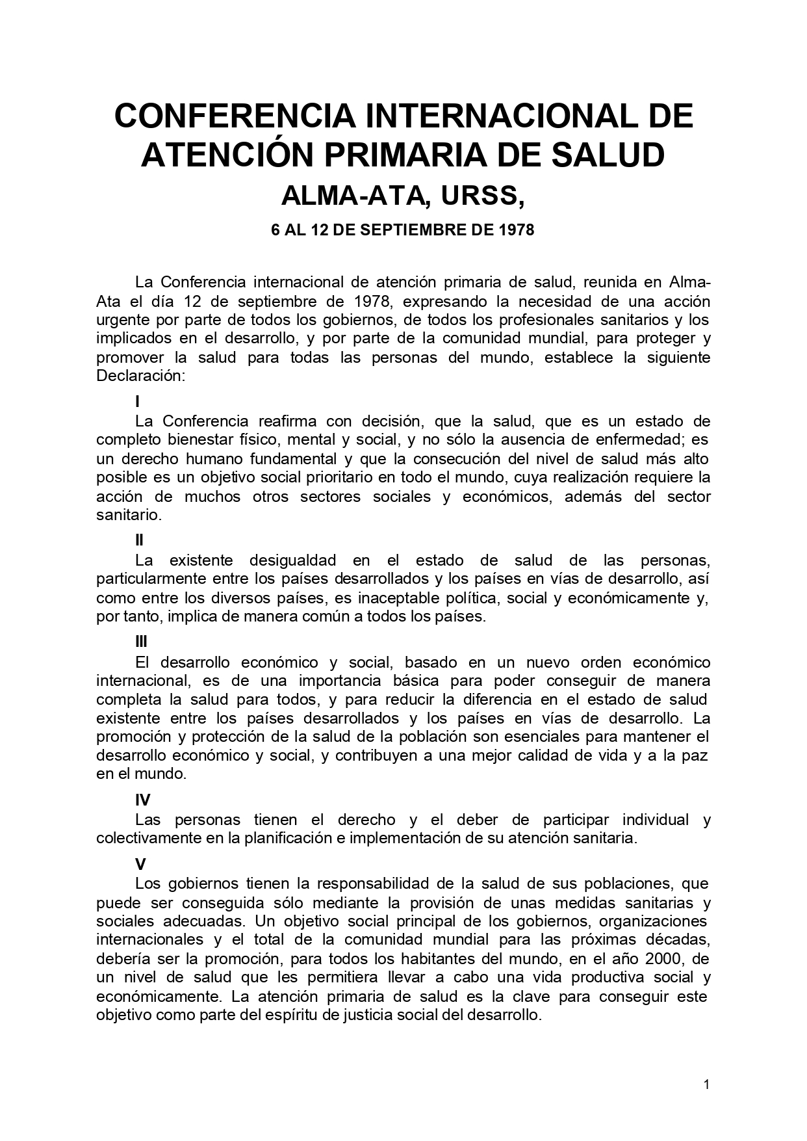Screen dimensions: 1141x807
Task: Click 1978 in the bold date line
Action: (517, 230)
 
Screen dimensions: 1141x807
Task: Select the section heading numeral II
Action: (139, 540)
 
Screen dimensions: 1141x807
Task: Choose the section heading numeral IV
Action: (142, 801)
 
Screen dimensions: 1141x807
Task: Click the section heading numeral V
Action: (140, 865)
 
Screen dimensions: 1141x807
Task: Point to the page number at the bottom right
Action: (707, 1084)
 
